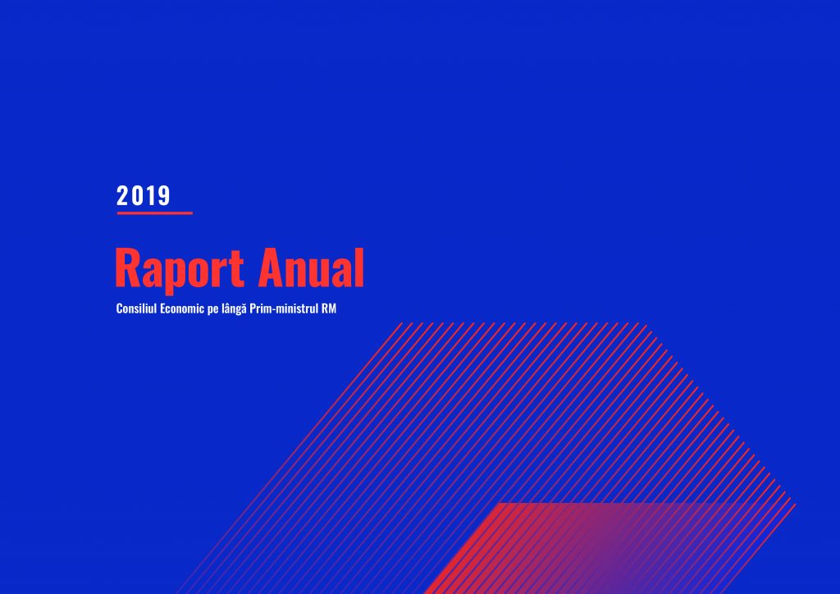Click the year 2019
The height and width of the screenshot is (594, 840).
tap(143, 195)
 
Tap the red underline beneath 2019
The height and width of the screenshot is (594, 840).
tap(155, 213)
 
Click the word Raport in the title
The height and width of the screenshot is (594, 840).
tap(180, 270)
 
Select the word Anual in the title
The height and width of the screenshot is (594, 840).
tap(311, 267)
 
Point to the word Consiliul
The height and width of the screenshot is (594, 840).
tap(136, 308)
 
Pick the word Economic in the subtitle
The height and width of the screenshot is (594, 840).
tap(181, 308)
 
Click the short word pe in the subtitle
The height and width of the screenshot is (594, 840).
tap(212, 310)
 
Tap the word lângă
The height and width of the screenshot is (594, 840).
tap(234, 309)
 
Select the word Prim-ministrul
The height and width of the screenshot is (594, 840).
tap(283, 308)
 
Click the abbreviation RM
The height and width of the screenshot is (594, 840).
tap(329, 308)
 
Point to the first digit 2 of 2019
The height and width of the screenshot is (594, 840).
tap(122, 195)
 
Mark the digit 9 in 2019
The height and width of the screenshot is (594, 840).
tap(164, 195)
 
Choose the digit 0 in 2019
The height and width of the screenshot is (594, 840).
tap(137, 195)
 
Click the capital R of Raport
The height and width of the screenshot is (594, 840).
tap(127, 267)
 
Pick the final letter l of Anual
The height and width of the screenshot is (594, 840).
tap(360, 267)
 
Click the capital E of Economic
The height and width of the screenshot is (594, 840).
tap(163, 308)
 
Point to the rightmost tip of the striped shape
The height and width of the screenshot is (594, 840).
tap(796, 504)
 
